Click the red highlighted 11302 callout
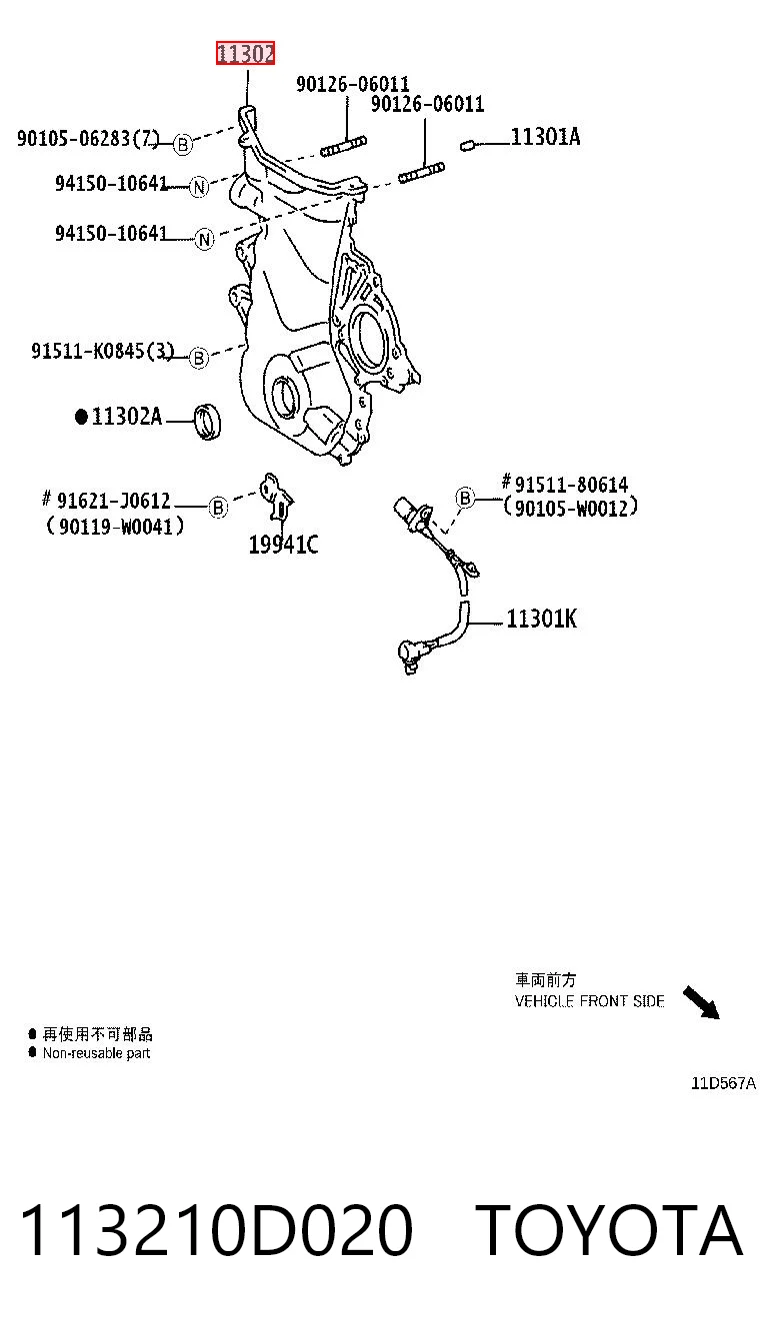point(245,54)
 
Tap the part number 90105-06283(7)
point(88,139)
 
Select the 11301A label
point(545,137)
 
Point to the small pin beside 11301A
point(466,145)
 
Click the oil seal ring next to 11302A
point(207,422)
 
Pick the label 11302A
point(126,416)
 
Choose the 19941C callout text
point(284,545)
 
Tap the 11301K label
point(541,619)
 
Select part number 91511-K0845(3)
point(102,351)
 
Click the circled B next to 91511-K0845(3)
point(199,359)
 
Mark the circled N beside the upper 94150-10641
point(199,188)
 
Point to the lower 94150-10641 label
point(111,233)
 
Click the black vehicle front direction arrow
point(701,1002)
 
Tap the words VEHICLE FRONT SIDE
point(590,1001)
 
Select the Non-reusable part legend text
point(96,1053)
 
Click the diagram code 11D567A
point(723,1083)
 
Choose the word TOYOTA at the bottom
point(609,1229)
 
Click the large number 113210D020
point(216,1229)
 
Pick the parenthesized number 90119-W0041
point(115,526)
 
